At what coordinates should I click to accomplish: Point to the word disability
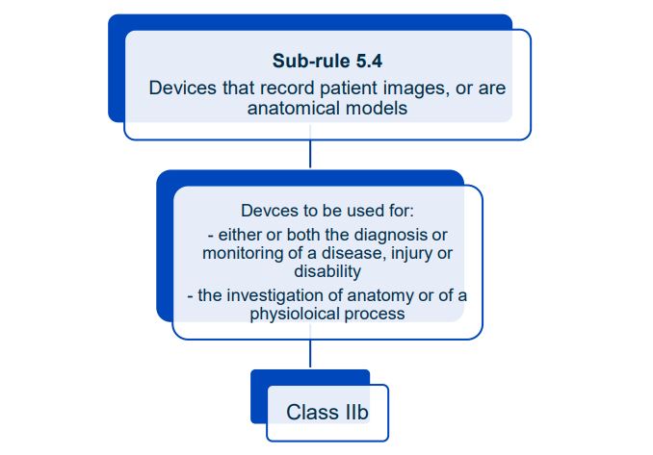coord(326,271)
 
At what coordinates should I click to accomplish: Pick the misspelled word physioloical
coord(294,314)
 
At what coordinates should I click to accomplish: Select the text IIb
coord(354,413)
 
